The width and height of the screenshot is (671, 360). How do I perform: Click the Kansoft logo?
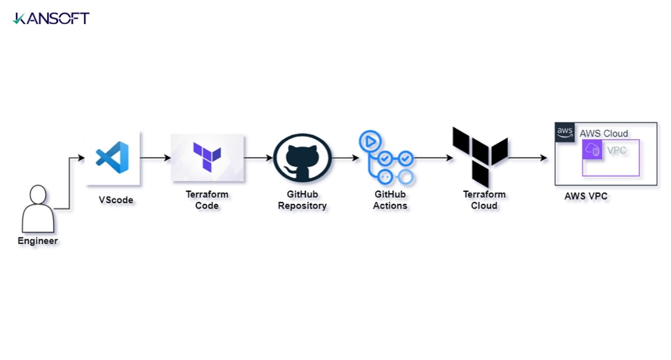[x=51, y=18]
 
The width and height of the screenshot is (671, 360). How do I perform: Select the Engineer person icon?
[x=38, y=209]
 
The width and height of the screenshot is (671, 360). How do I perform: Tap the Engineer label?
[x=38, y=241]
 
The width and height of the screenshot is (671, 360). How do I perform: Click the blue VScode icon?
[x=112, y=157]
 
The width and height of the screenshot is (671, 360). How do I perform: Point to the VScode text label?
[x=116, y=200]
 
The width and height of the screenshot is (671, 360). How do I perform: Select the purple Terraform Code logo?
[x=207, y=157]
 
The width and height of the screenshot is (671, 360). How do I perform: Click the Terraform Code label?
[x=207, y=200]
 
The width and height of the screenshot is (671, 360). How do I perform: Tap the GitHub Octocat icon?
[x=303, y=158]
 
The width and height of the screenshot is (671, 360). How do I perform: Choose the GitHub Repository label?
[x=303, y=200]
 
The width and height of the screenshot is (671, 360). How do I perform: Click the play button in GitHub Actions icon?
[x=370, y=141]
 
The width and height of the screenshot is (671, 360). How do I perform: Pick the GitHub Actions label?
[x=390, y=200]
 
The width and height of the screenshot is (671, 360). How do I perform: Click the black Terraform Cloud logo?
[x=480, y=157]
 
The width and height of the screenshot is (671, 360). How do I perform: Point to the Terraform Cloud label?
[x=484, y=200]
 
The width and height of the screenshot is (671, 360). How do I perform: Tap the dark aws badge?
[x=565, y=132]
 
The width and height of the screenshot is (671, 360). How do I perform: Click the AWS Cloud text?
[x=603, y=134]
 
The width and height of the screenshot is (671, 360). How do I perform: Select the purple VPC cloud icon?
[x=592, y=149]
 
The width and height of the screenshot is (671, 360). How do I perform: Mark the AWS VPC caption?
[x=586, y=196]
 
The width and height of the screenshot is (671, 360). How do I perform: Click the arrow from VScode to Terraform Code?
[x=155, y=158]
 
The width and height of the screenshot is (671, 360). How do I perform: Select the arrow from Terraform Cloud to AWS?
[x=528, y=158]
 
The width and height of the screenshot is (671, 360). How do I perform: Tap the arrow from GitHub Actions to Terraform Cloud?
[x=433, y=158]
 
